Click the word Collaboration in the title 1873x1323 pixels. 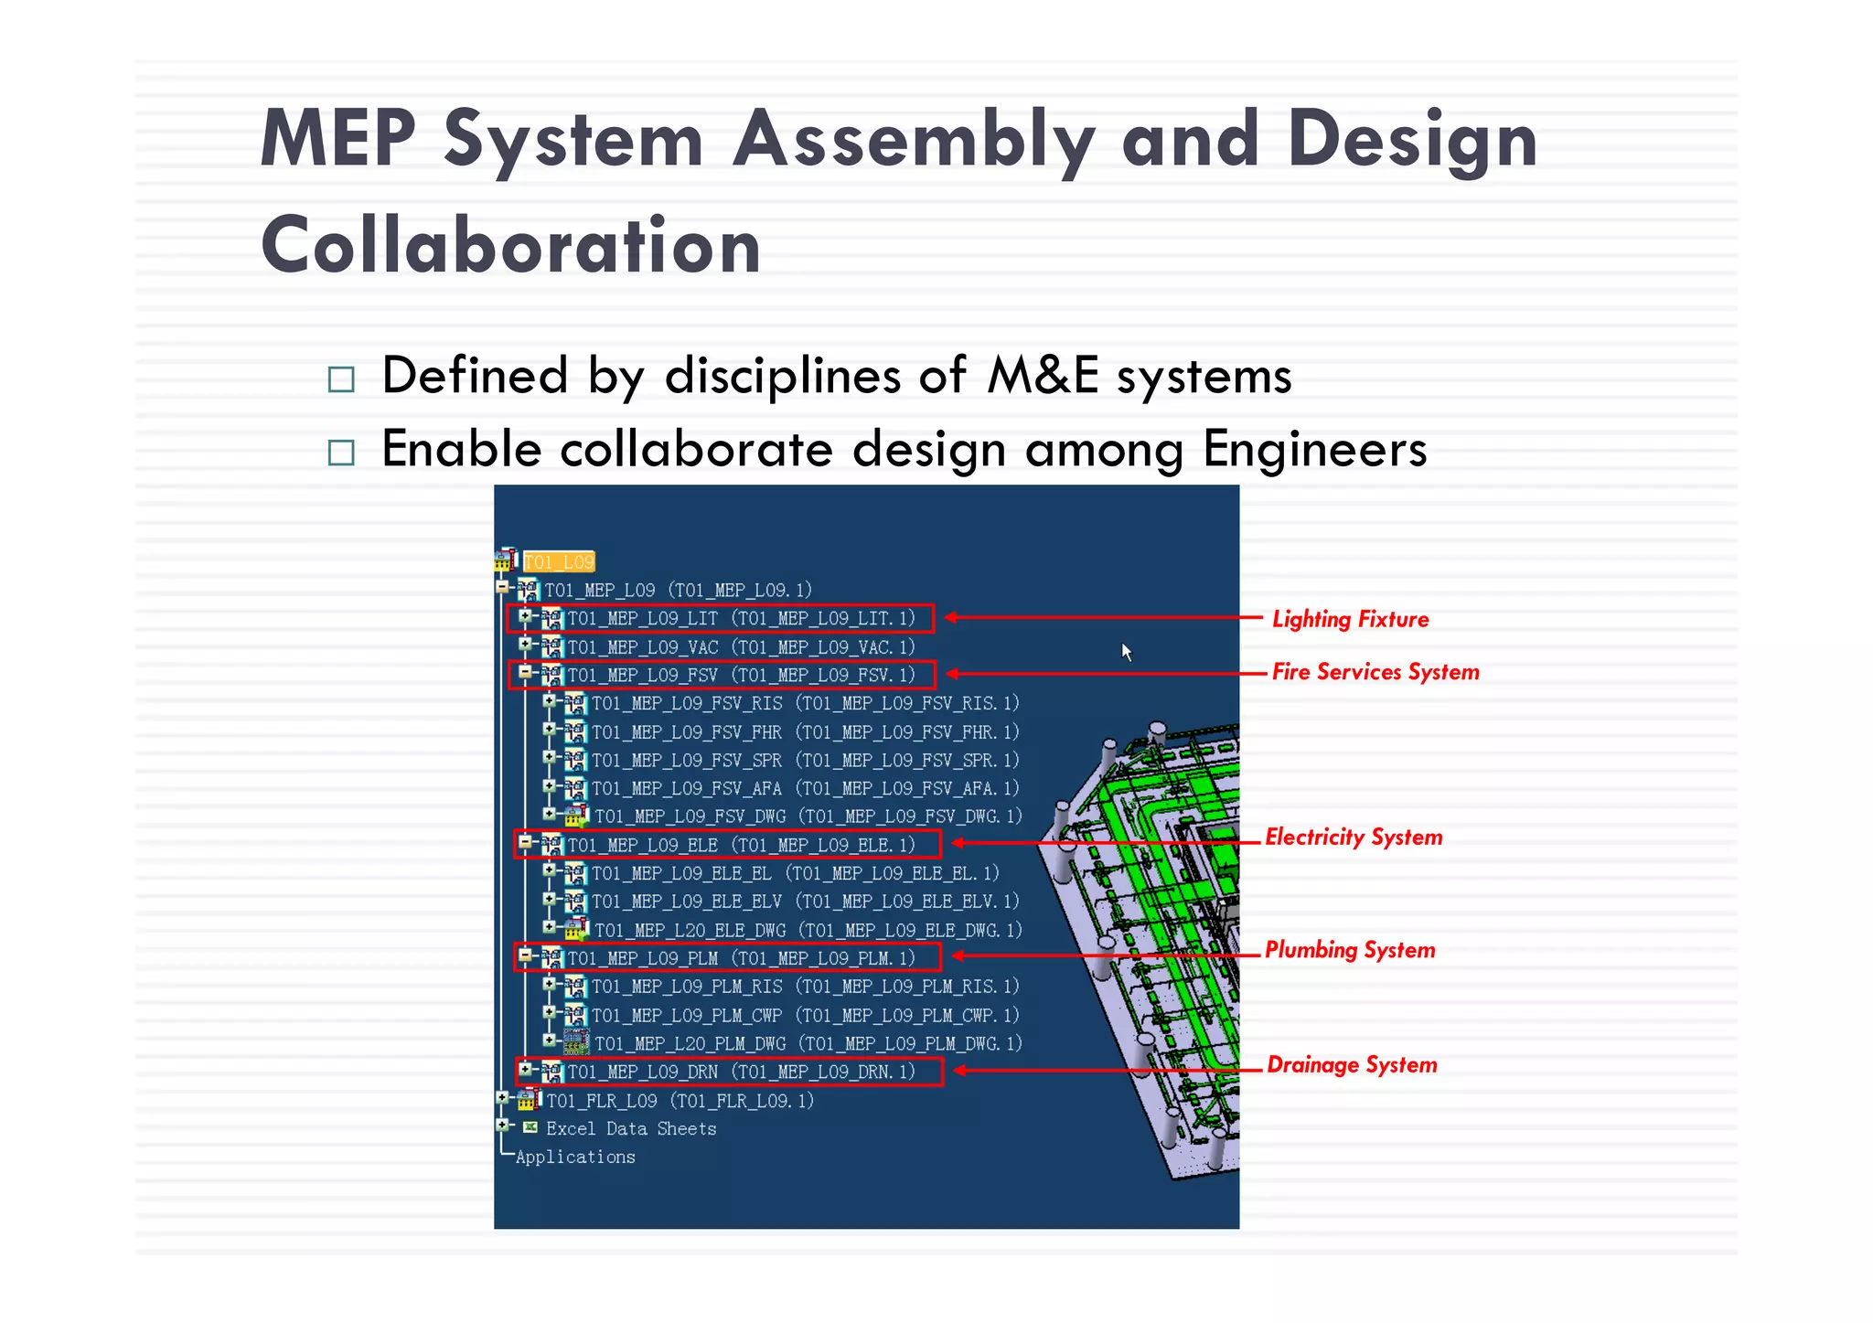[510, 245]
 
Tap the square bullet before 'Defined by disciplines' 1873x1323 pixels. [341, 379]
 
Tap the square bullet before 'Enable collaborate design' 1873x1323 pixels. [341, 452]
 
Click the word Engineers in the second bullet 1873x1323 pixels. [1314, 450]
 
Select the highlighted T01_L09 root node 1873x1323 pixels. [559, 561]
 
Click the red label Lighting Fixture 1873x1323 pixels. [1350, 619]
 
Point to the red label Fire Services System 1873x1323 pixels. [1375, 672]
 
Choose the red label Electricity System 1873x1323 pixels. [1354, 838]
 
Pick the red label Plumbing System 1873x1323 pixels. [1350, 950]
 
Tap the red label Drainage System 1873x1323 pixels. [1352, 1065]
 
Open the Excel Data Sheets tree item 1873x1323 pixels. [630, 1129]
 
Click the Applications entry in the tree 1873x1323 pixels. [574, 1158]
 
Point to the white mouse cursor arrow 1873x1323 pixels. [1127, 651]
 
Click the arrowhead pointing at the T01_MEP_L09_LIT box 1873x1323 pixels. [951, 617]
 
